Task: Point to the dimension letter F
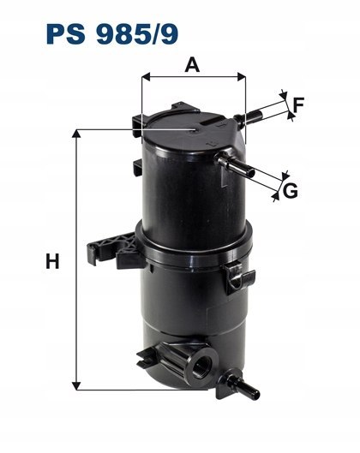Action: [297, 104]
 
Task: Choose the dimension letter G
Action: [291, 190]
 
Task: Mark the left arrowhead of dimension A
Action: [146, 76]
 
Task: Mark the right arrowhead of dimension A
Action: [242, 76]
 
